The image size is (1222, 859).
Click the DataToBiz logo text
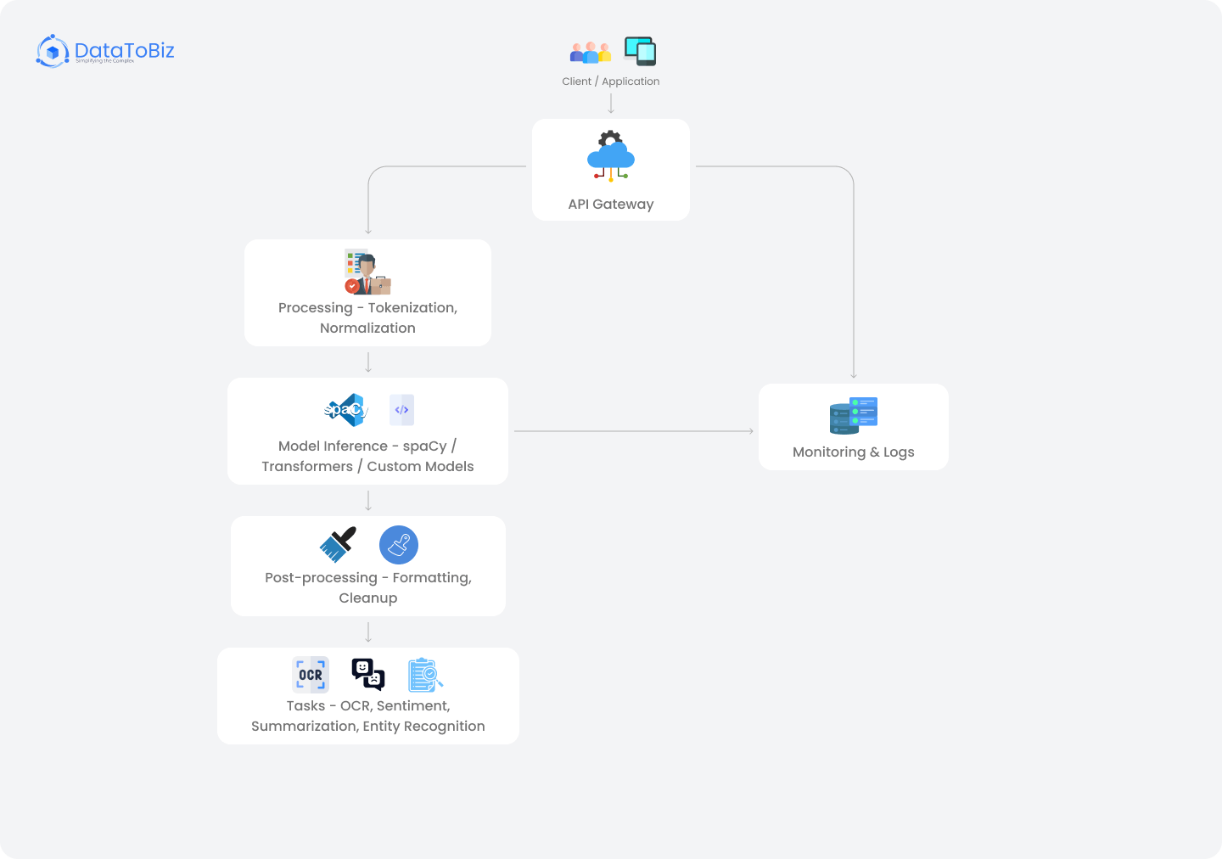[x=124, y=51]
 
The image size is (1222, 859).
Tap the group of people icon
[x=590, y=53]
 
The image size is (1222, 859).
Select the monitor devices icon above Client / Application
[x=640, y=51]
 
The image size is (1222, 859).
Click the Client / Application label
[x=610, y=81]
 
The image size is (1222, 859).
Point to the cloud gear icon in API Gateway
[x=611, y=155]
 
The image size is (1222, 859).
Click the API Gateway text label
[x=611, y=205]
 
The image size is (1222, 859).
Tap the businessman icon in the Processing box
[x=367, y=272]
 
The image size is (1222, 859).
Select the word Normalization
[x=367, y=328]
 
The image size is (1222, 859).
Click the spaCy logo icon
[x=346, y=410]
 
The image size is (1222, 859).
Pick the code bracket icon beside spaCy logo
[x=402, y=410]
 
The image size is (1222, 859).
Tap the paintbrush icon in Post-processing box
[x=338, y=544]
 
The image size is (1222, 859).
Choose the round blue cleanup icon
[x=399, y=545]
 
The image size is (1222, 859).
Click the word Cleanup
[x=367, y=598]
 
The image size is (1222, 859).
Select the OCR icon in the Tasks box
[x=311, y=675]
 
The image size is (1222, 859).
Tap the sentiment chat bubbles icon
[x=368, y=675]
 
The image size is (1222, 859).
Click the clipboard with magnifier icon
[x=425, y=675]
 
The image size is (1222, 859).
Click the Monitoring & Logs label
[x=854, y=452]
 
